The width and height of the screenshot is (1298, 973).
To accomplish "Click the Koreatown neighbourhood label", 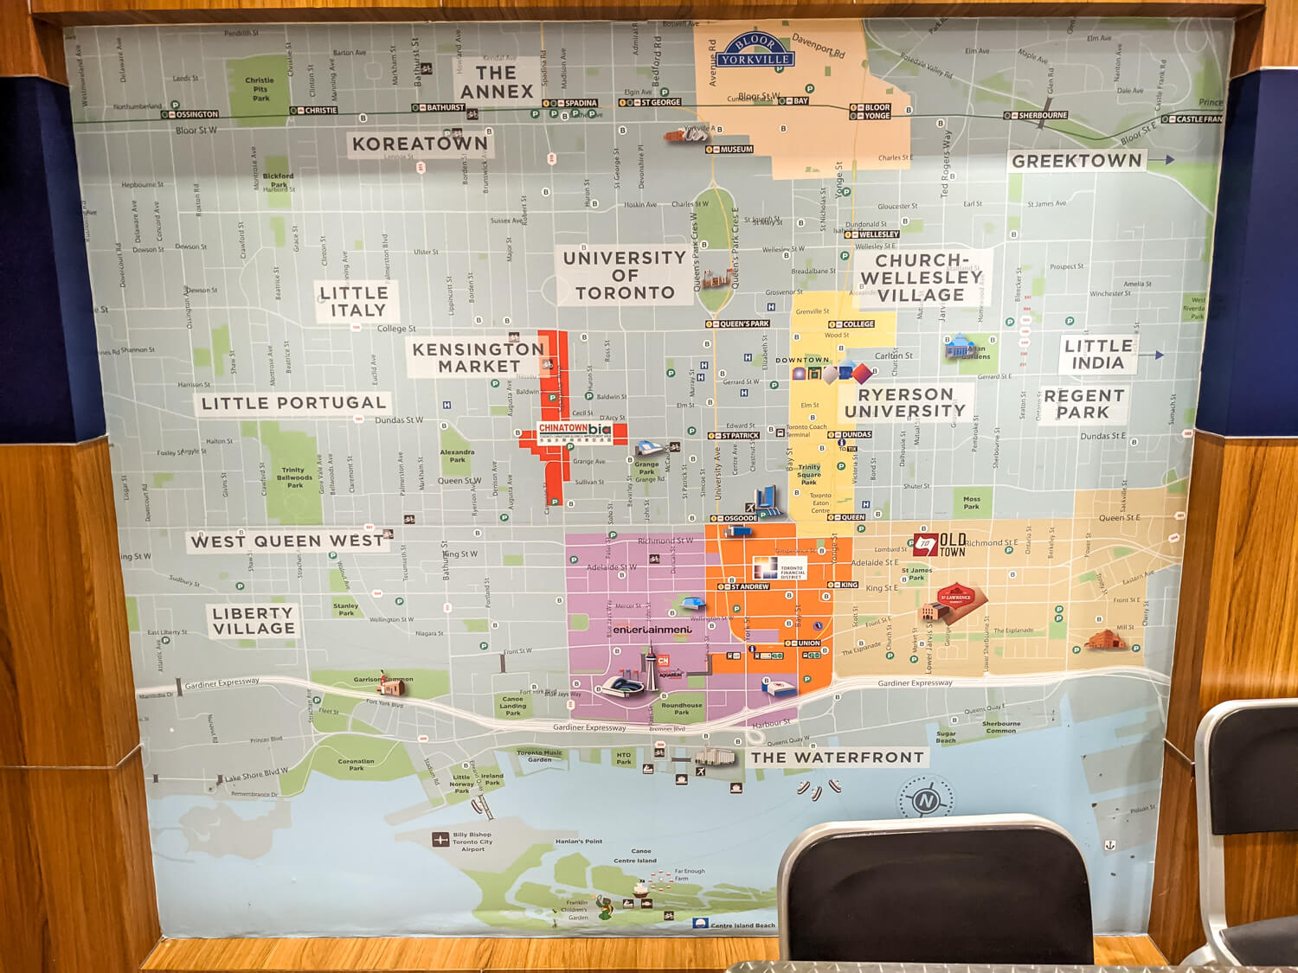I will click(420, 144).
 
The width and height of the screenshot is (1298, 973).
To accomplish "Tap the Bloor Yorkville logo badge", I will click(754, 51).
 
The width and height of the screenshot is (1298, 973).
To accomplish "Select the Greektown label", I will click(1076, 161).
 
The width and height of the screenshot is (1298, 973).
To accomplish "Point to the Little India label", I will click(1098, 354).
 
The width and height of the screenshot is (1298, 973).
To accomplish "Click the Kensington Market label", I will click(478, 357).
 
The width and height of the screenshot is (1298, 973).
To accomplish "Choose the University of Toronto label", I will click(625, 275).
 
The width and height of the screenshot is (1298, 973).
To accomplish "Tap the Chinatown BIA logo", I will click(575, 429).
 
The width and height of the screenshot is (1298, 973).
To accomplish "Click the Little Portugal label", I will click(293, 403).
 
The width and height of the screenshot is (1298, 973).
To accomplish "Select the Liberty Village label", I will click(254, 620).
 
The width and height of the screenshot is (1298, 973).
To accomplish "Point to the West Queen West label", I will click(287, 541).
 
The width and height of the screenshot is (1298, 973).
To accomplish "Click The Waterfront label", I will click(837, 758).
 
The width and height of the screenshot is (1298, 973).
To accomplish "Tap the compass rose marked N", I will click(925, 800).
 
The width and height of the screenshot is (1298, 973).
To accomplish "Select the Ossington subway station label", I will click(196, 114).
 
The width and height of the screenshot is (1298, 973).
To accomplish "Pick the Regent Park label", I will click(1083, 404).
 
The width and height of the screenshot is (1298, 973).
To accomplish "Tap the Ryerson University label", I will click(905, 402).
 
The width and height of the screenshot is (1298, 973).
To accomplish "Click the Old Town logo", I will click(940, 544).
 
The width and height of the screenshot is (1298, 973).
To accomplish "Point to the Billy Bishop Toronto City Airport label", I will click(472, 842).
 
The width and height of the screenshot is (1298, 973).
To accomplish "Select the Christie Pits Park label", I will click(260, 89).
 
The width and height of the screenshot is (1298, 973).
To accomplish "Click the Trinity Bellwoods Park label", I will click(294, 477).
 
